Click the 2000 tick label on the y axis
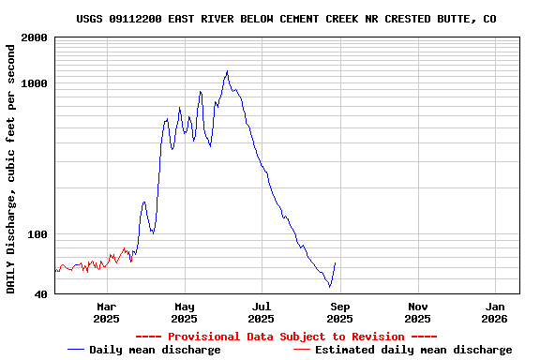[33, 37]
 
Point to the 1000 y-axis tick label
[33, 83]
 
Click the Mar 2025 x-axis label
[106, 312]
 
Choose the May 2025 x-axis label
[184, 312]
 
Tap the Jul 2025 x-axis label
[262, 312]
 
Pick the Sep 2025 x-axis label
[340, 312]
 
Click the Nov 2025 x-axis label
[418, 312]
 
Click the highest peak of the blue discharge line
[227, 71]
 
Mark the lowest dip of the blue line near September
[330, 287]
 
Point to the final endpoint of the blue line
[336, 263]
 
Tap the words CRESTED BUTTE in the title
[438, 19]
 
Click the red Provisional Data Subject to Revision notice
[286, 337]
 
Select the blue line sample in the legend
[76, 350]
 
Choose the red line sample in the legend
[301, 350]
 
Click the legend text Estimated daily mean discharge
[413, 350]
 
